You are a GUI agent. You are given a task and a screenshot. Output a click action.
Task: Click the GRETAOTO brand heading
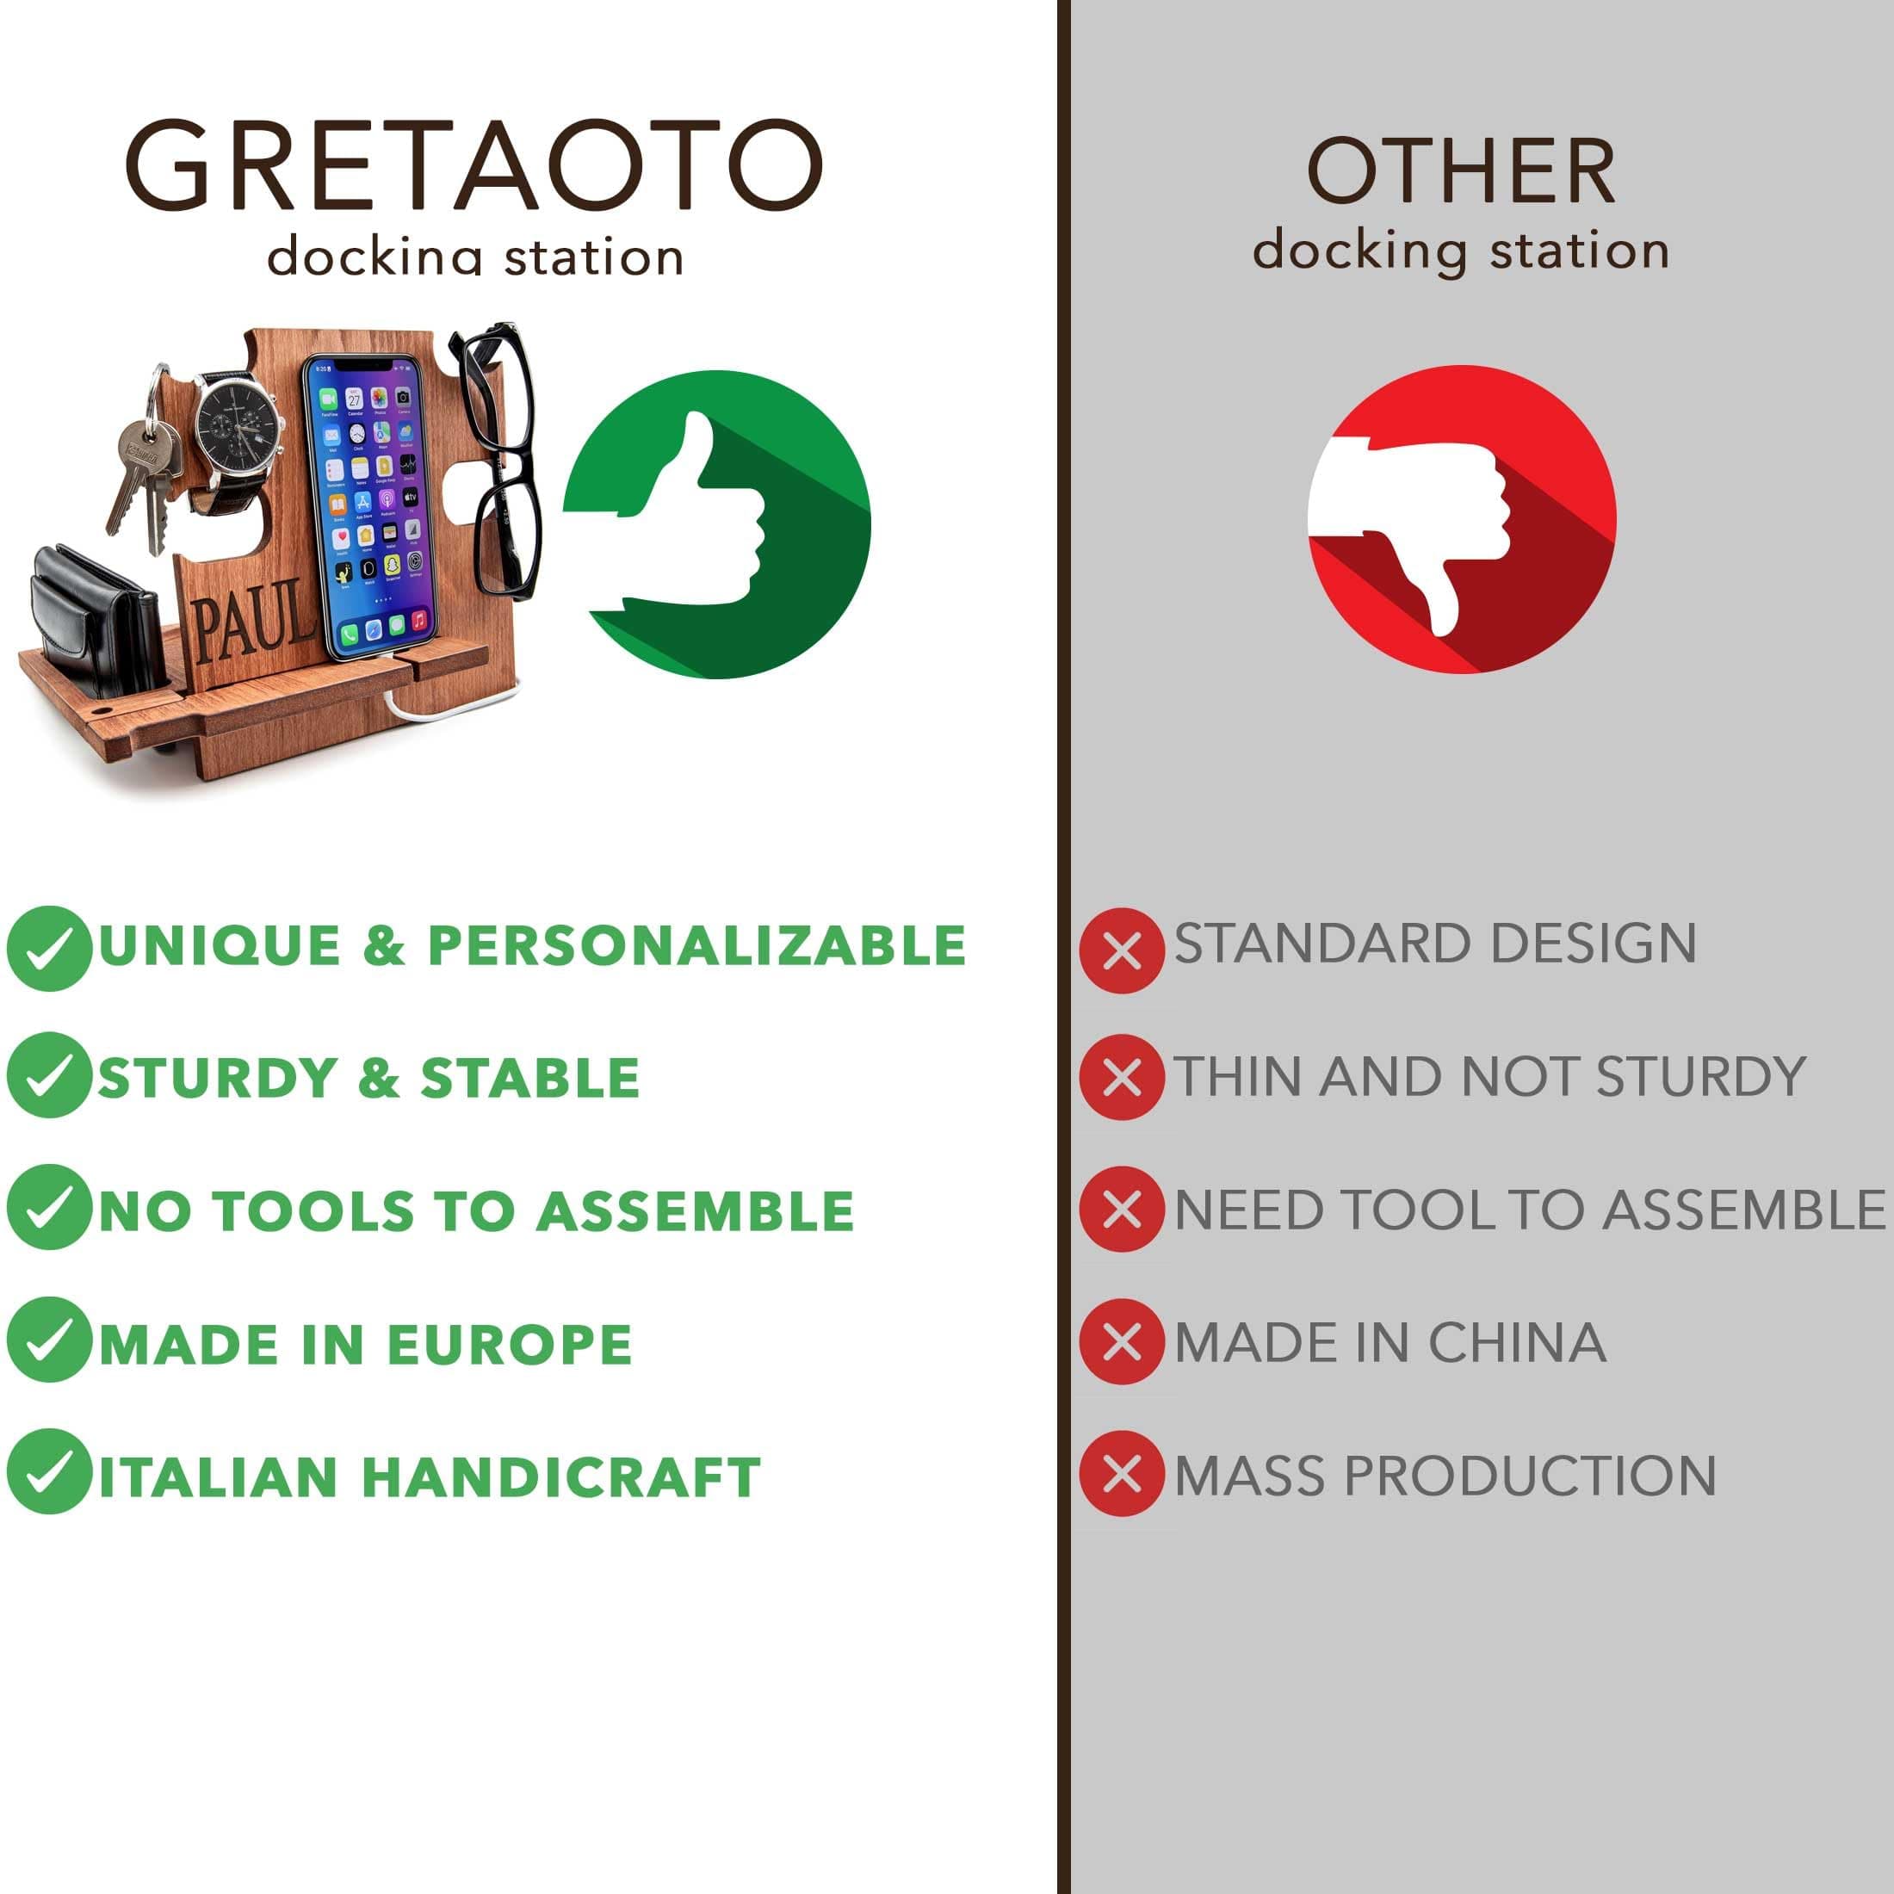pos(473,164)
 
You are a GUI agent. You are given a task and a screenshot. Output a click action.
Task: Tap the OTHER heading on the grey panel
pos(1461,171)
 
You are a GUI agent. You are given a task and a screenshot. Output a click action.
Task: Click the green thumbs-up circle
pos(716,524)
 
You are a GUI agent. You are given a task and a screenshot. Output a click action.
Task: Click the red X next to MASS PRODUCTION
pos(1123,1473)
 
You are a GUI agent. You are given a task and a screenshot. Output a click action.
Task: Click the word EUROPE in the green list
pos(510,1343)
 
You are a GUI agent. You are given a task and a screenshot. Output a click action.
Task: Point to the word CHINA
pos(1518,1342)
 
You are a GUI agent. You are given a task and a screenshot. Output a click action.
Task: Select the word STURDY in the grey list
pos(1701,1076)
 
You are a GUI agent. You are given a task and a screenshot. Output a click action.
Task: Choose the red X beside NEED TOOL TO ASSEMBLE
pos(1123,1209)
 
